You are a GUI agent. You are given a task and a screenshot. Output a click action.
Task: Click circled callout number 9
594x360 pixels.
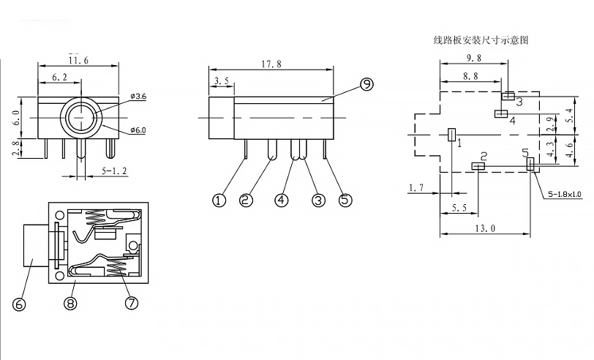pyautogui.click(x=366, y=85)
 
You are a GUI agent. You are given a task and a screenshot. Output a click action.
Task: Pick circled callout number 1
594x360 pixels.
pyautogui.click(x=219, y=200)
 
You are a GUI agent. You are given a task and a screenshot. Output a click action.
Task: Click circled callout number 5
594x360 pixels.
pyautogui.click(x=345, y=200)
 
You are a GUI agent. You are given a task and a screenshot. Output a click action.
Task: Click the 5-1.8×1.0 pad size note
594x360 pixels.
pyautogui.click(x=564, y=194)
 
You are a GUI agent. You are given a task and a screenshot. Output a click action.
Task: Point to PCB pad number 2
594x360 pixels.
pyautogui.click(x=479, y=166)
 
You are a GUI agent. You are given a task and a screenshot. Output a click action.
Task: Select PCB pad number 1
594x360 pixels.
pyautogui.click(x=451, y=134)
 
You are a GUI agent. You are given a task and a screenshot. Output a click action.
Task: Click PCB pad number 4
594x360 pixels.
pyautogui.click(x=501, y=113)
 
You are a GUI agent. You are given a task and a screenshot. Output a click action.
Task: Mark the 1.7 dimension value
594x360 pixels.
pyautogui.click(x=416, y=188)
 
